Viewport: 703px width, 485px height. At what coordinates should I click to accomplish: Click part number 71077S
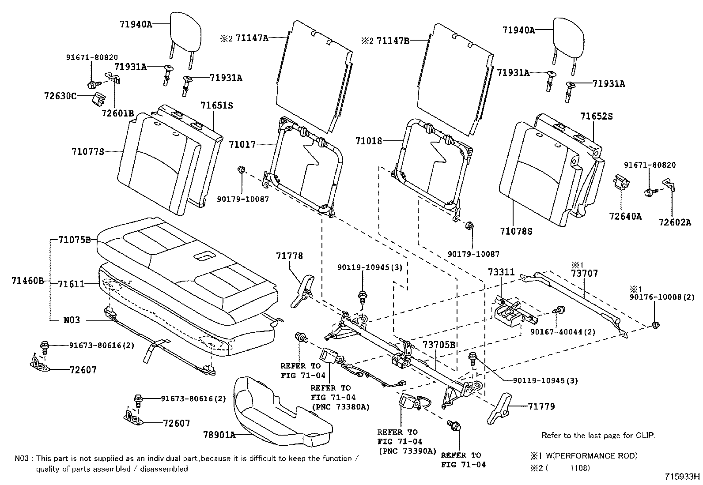[88, 152]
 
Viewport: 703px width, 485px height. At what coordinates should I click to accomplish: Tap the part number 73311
[501, 272]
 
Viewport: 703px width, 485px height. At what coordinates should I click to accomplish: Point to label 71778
[290, 256]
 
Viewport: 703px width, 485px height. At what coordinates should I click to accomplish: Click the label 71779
[541, 406]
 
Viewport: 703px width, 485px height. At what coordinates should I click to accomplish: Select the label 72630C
[60, 96]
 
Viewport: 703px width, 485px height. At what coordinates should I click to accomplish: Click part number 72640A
[625, 216]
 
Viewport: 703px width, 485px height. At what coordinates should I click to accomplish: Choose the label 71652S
[597, 117]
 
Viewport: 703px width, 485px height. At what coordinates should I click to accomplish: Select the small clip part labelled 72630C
[98, 98]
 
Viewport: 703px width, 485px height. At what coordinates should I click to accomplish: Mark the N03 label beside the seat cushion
[71, 320]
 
